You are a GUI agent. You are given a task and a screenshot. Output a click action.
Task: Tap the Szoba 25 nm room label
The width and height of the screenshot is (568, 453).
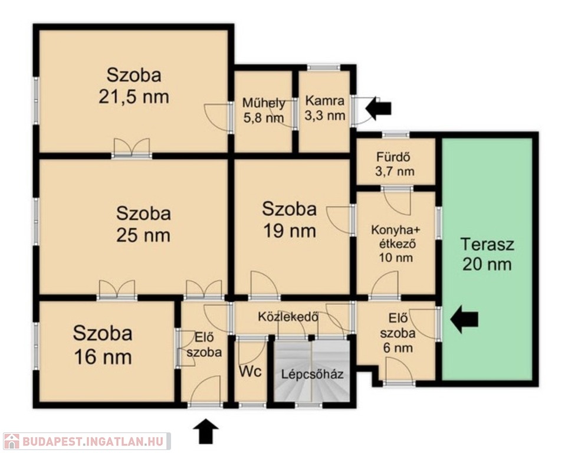pyautogui.click(x=143, y=224)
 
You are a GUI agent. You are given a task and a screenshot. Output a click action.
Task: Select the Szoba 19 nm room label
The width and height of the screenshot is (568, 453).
pyautogui.click(x=290, y=220)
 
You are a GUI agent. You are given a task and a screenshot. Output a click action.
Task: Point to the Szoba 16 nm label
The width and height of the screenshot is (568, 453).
pyautogui.click(x=103, y=346)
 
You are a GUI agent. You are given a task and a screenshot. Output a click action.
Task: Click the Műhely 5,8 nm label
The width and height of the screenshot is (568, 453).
pyautogui.click(x=263, y=110)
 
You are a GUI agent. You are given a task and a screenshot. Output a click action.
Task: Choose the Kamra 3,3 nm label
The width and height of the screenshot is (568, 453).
pyautogui.click(x=325, y=108)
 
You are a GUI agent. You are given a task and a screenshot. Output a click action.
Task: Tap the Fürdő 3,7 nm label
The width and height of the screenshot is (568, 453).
pyautogui.click(x=395, y=164)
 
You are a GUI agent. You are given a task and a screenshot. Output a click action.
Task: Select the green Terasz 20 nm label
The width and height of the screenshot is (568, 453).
pyautogui.click(x=487, y=254)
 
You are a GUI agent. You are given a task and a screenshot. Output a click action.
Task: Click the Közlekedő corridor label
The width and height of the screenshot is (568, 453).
pyautogui.click(x=288, y=317)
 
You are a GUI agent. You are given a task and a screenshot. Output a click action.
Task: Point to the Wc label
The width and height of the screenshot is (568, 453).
pyautogui.click(x=250, y=372)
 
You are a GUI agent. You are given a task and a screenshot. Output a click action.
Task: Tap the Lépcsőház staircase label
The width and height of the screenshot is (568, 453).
pyautogui.click(x=312, y=374)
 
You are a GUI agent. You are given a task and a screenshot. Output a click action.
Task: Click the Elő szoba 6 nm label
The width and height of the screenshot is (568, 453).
pyautogui.click(x=397, y=333)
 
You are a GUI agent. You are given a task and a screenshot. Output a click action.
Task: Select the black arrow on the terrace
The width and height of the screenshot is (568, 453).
pyautogui.click(x=464, y=319)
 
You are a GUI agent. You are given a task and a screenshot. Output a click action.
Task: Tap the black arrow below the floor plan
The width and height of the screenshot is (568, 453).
pyautogui.click(x=206, y=431)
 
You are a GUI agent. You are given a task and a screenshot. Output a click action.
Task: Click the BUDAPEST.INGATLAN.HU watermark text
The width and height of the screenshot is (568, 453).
pyautogui.click(x=93, y=441)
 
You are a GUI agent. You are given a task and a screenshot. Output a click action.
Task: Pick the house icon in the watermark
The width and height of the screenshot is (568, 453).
pyautogui.click(x=11, y=441)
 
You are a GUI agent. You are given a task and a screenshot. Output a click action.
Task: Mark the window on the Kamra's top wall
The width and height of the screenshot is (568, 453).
pyautogui.click(x=323, y=67)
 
